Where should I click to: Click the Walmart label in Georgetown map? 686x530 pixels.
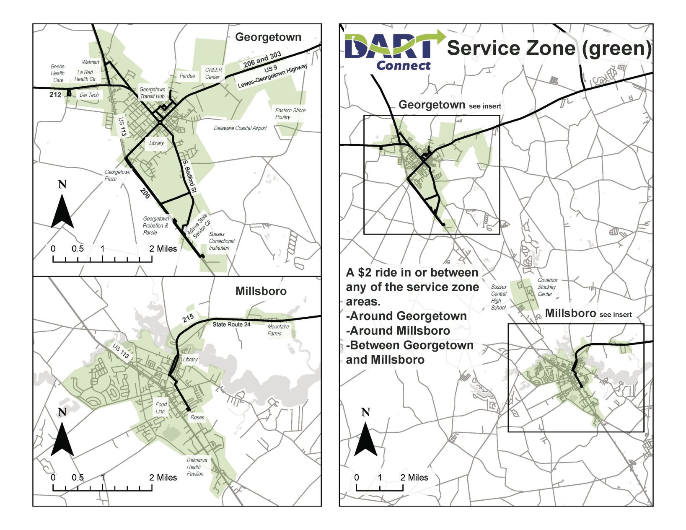click(91, 62)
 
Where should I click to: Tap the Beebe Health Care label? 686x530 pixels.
click(58, 73)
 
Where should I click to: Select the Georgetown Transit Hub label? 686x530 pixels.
click(152, 93)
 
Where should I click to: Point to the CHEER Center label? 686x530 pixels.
click(213, 73)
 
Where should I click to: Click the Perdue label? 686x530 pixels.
click(187, 76)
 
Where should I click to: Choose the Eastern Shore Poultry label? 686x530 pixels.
click(290, 114)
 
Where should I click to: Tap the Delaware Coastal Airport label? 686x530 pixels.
click(240, 128)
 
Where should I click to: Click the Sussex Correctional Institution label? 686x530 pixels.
click(222, 241)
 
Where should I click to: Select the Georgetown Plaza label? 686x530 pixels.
click(117, 175)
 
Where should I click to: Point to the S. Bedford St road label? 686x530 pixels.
click(189, 176)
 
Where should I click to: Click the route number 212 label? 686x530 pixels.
click(55, 95)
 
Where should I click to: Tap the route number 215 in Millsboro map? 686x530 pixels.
click(188, 318)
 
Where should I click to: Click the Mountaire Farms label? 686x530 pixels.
click(278, 330)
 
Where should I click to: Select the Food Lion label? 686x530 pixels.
click(161, 408)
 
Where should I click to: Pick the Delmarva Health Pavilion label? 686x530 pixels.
click(196, 467)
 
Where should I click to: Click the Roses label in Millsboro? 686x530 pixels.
click(197, 417)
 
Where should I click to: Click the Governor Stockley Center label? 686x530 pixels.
click(547, 287)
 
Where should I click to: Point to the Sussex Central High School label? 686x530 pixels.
click(499, 297)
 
